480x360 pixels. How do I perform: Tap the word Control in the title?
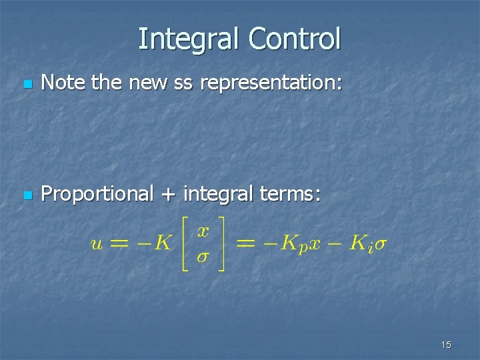294,39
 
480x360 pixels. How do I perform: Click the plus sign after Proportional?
168,195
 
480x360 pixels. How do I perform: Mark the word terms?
291,195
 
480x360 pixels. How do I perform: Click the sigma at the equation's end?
379,243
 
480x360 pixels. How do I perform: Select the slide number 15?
446,345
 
